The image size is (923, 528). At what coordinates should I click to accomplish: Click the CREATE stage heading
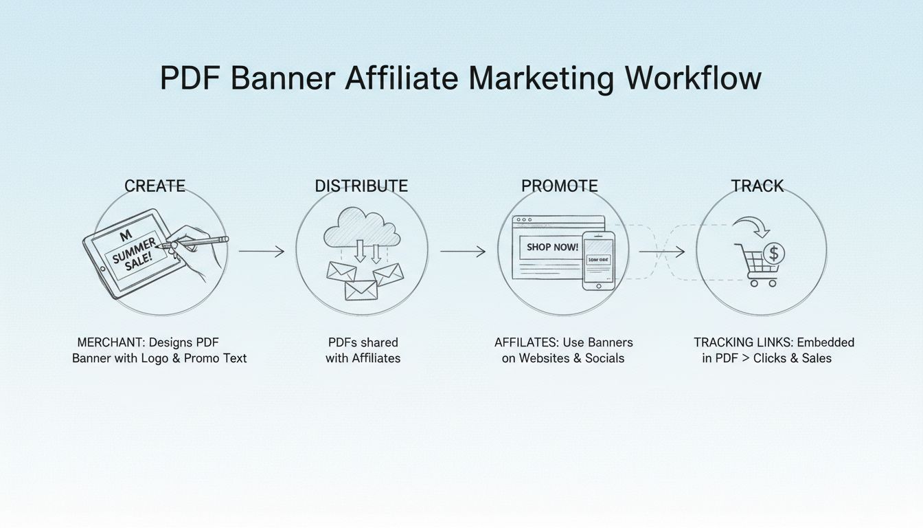coord(155,186)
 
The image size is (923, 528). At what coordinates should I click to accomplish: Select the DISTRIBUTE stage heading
coord(361,186)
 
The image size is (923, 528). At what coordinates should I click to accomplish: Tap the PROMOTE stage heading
coord(560,186)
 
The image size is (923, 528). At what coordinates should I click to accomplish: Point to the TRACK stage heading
coord(757,186)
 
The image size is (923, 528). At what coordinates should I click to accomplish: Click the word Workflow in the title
coord(693,78)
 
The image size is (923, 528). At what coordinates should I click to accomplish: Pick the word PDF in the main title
coord(190,78)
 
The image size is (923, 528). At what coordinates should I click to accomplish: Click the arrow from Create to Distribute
coord(261,252)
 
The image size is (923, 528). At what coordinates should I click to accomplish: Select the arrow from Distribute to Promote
coord(462,252)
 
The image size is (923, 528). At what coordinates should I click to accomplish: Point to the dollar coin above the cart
coord(774,254)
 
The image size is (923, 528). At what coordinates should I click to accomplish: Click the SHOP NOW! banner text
coord(553,247)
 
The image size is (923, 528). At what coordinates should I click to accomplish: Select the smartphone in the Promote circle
coord(599,261)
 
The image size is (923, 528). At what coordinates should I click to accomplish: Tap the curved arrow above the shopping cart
coord(750,225)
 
